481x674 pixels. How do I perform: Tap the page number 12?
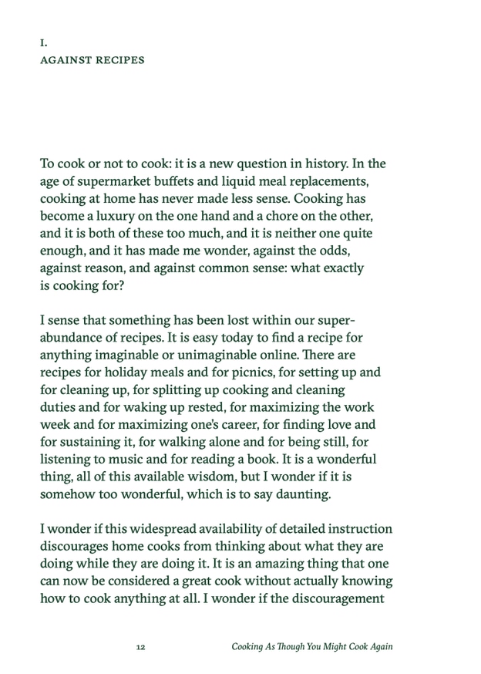tap(140, 647)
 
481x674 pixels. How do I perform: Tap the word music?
tap(127, 457)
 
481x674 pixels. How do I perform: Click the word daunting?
tap(302, 491)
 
